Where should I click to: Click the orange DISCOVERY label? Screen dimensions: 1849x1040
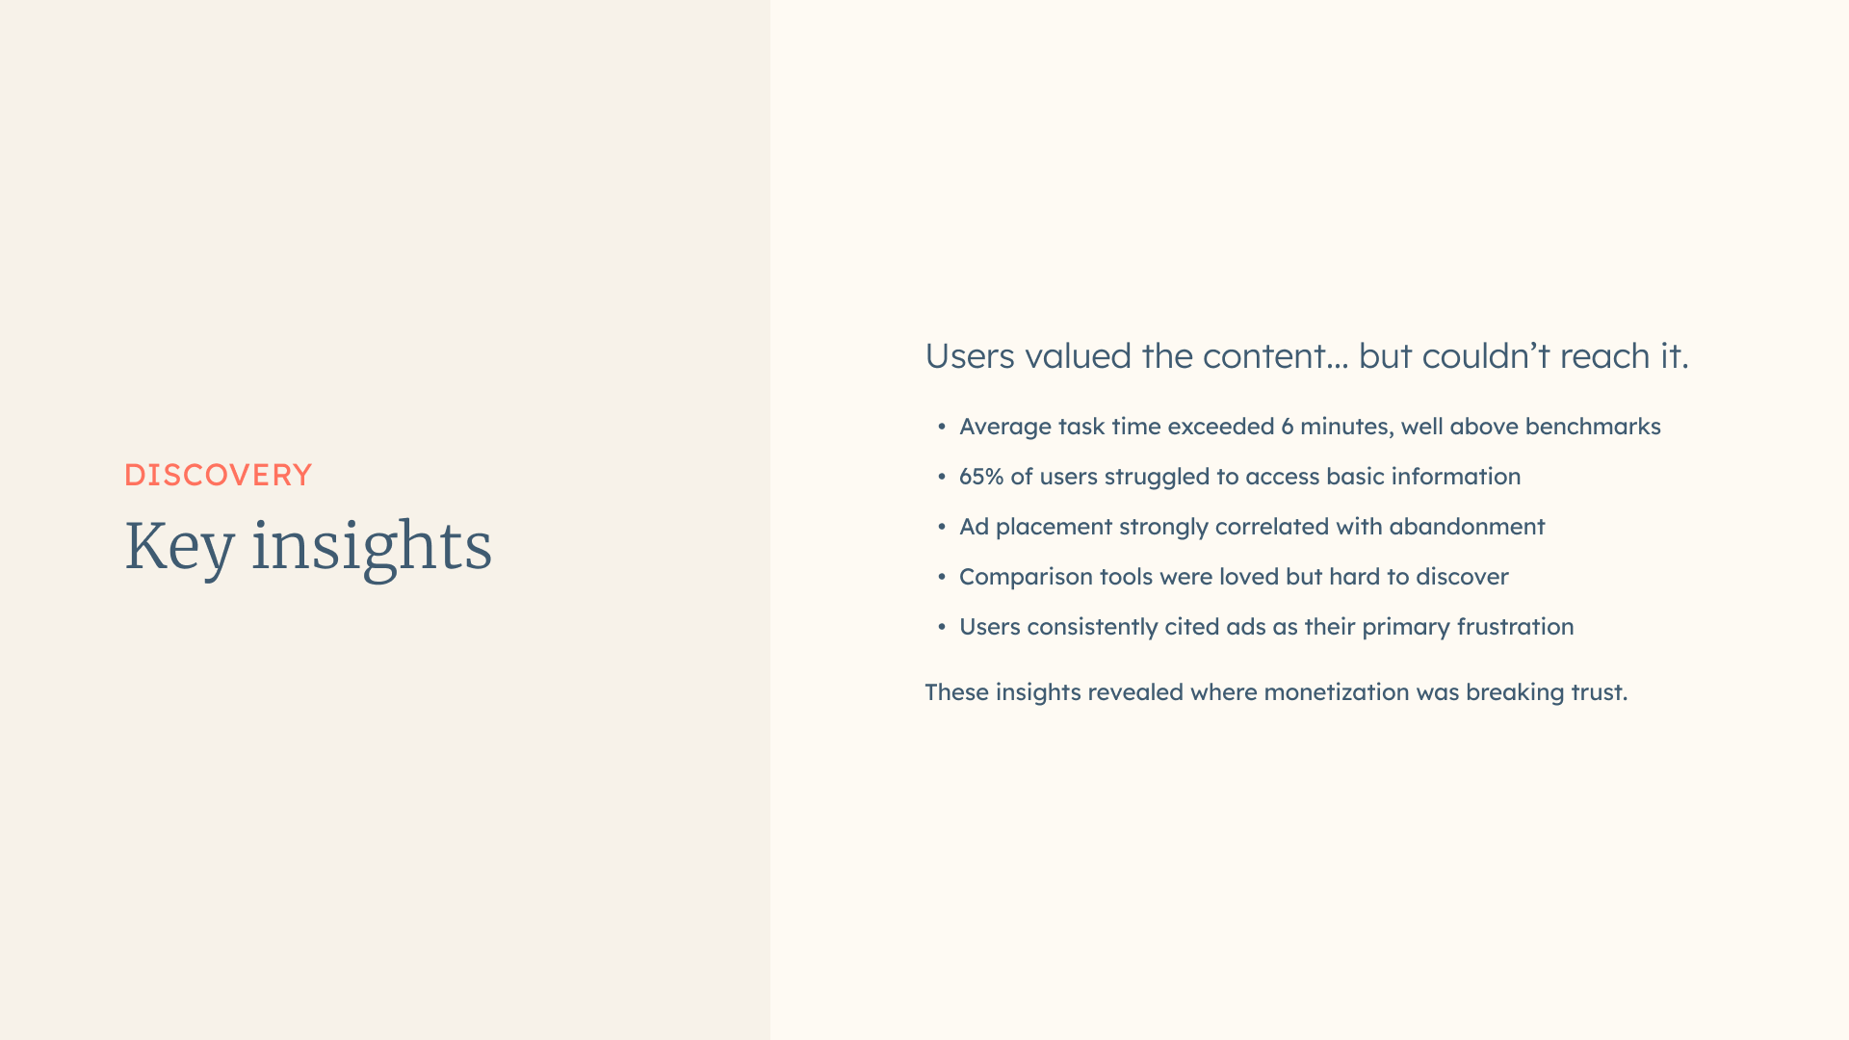pyautogui.click(x=219, y=475)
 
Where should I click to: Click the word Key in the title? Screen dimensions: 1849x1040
pyautogui.click(x=179, y=547)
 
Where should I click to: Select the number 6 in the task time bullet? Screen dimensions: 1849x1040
pyautogui.click(x=1287, y=427)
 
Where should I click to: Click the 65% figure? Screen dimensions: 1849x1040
pyautogui.click(x=981, y=477)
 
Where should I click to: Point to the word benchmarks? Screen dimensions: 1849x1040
pyautogui.click(x=1593, y=427)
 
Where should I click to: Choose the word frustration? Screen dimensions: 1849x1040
pyautogui.click(x=1515, y=627)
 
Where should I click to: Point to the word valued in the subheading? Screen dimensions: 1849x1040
pyautogui.click(x=1078, y=356)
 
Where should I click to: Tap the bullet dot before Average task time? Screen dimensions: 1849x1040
pyautogui.click(x=942, y=427)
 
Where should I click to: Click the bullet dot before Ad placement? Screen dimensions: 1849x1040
pyautogui.click(x=942, y=527)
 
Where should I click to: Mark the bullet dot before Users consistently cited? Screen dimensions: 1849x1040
pyautogui.click(x=942, y=627)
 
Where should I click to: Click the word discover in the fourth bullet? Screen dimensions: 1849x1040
pyautogui.click(x=1462, y=577)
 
